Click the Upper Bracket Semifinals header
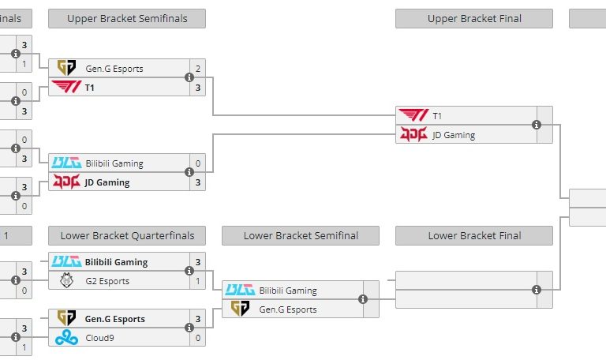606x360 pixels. coord(127,18)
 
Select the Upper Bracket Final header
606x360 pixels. coord(474,18)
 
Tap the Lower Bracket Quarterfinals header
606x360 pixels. coord(127,235)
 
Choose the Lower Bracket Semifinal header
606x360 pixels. coord(301,235)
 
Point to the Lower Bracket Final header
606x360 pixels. coord(474,235)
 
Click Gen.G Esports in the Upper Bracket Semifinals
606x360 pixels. coord(114,69)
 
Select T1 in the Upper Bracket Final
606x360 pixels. coord(437,116)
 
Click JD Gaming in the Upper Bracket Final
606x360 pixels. coord(454,135)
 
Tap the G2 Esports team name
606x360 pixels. coord(107,281)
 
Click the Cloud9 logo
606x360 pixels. coord(66,338)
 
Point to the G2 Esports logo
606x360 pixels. coord(66,281)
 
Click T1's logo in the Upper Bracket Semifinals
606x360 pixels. coord(66,88)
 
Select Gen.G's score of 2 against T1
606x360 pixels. coord(198,69)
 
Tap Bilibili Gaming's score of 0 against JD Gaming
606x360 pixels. coord(198,163)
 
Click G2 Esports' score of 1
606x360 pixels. coord(198,281)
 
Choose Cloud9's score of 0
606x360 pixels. coord(198,338)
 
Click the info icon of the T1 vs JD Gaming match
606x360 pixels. coord(537,125)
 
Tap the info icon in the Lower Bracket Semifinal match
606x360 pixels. coord(363,299)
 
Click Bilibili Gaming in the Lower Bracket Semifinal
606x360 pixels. coord(288,291)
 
